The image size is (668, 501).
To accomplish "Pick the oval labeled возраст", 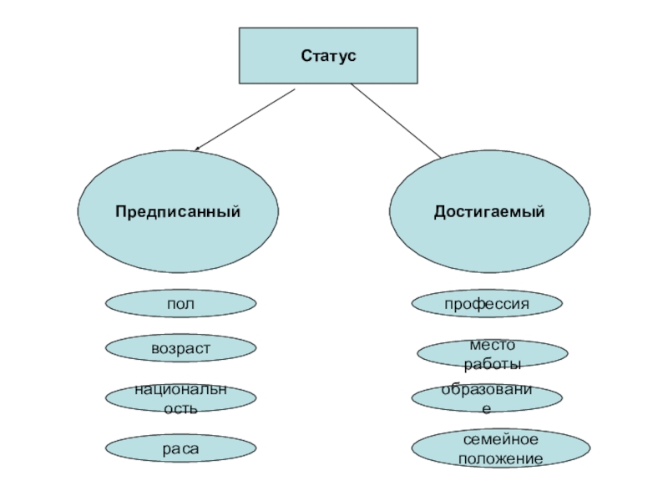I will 180,348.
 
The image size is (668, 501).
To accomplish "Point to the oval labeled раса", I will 180,449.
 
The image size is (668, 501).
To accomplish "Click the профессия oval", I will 487,304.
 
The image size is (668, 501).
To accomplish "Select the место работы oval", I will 493,355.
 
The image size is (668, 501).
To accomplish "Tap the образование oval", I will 487,398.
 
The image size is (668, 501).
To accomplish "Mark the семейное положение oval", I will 493,449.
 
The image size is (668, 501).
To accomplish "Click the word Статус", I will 328,56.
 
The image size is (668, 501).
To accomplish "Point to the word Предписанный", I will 178,212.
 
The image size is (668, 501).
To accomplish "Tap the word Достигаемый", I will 488,212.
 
